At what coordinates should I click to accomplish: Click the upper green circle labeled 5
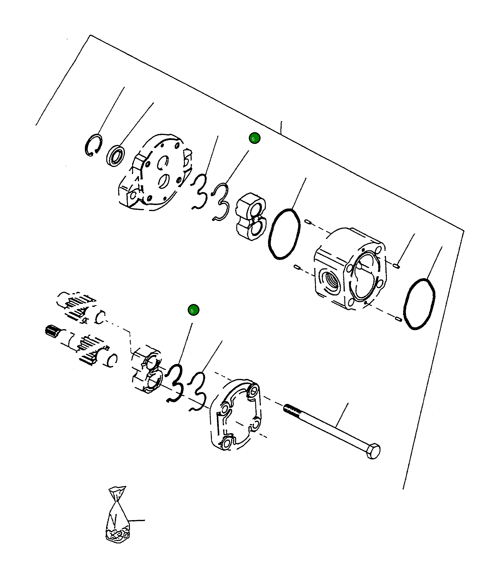[x=254, y=138]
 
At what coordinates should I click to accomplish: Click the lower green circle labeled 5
[x=193, y=310]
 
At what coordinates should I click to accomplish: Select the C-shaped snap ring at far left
[x=93, y=145]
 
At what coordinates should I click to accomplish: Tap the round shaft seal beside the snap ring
[x=115, y=156]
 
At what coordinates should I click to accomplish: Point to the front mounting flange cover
[x=156, y=173]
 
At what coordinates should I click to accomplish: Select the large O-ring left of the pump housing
[x=284, y=234]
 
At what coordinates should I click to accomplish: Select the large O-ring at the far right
[x=419, y=304]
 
